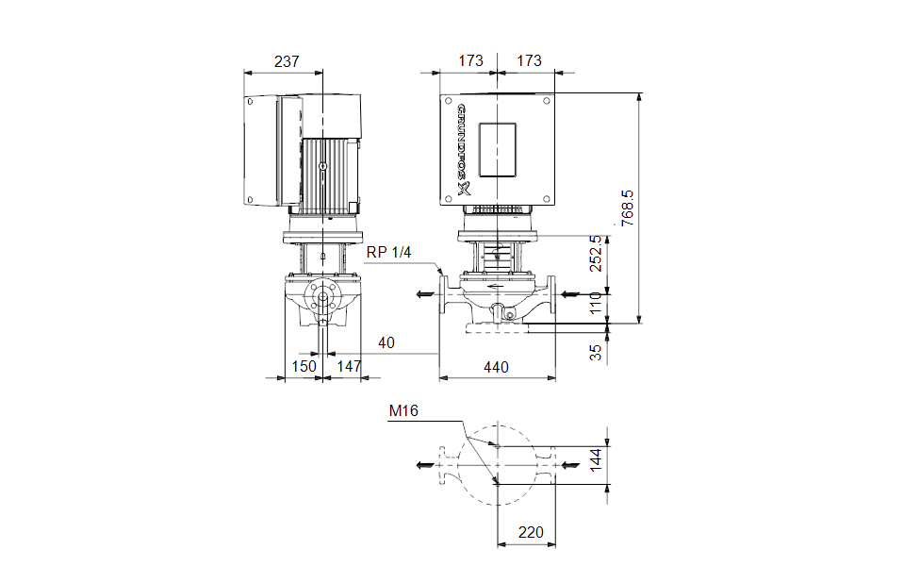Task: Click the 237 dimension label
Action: pyautogui.click(x=286, y=61)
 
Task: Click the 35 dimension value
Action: pyautogui.click(x=595, y=352)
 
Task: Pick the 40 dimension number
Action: pyautogui.click(x=386, y=342)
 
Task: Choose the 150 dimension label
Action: pyautogui.click(x=303, y=366)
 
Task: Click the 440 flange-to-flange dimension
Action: pyautogui.click(x=497, y=366)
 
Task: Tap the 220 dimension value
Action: pyautogui.click(x=531, y=533)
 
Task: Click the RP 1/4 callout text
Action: pyautogui.click(x=388, y=253)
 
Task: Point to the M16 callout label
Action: pyautogui.click(x=402, y=410)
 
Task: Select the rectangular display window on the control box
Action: pyautogui.click(x=498, y=151)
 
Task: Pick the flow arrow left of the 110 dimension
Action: pyautogui.click(x=569, y=294)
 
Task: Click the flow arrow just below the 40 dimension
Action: pyautogui.click(x=425, y=294)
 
